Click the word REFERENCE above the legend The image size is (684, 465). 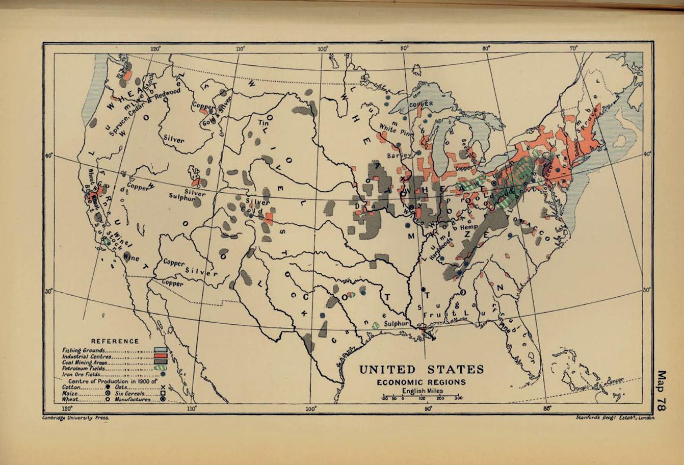tap(115, 341)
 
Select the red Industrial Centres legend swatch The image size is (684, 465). tap(161, 356)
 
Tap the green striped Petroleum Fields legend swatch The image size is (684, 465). tap(161, 368)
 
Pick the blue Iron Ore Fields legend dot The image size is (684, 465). tap(163, 374)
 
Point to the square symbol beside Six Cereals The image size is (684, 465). tap(162, 393)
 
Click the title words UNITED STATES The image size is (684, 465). tap(421, 369)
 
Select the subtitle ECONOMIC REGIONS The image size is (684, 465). tap(421, 382)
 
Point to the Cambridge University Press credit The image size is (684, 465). tap(76, 417)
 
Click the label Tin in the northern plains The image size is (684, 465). tap(263, 123)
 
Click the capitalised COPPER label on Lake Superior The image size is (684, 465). tap(421, 104)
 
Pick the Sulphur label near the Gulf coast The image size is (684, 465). tap(397, 324)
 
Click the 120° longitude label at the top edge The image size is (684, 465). tap(155, 49)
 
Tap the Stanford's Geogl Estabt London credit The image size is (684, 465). tap(614, 417)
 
